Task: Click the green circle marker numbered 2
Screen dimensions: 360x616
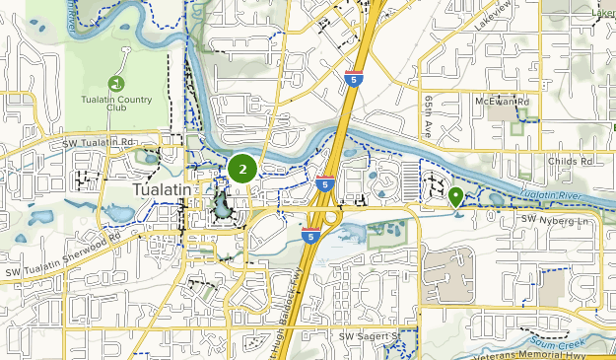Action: click(x=242, y=170)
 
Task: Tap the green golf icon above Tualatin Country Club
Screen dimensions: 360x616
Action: click(x=116, y=83)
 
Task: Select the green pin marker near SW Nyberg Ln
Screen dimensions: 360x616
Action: click(x=455, y=196)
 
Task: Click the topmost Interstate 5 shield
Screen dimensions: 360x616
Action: click(x=354, y=79)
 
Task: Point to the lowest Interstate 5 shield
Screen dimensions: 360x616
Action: click(x=310, y=238)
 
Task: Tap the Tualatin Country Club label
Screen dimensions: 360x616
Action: click(x=116, y=105)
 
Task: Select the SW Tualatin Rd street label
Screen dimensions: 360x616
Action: click(x=98, y=144)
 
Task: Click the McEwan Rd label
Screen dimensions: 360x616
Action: click(x=502, y=102)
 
